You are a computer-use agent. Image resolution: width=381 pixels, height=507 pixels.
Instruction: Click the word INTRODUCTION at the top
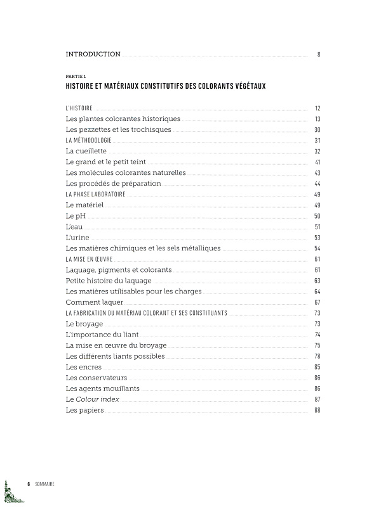(93, 55)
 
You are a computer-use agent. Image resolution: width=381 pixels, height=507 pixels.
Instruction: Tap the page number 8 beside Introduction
(318, 55)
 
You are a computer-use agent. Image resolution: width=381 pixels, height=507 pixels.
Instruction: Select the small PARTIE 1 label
(76, 76)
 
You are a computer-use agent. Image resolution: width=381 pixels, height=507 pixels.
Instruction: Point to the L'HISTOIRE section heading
(79, 108)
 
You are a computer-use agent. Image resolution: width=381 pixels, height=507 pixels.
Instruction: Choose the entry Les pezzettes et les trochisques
(118, 129)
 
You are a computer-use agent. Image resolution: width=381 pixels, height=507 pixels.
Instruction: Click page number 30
(317, 130)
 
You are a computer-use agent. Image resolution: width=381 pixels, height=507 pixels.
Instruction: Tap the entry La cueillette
(86, 151)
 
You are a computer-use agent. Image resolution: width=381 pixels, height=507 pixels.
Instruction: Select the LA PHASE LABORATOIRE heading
(95, 195)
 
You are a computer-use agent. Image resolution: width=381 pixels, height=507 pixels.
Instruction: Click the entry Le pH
(76, 216)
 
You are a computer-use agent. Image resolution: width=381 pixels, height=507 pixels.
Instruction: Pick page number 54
(317, 248)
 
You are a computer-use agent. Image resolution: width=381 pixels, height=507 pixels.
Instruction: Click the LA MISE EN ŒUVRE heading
(91, 259)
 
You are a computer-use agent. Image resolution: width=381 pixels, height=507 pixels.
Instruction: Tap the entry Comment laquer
(95, 302)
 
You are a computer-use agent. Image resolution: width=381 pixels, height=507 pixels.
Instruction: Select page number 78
(317, 356)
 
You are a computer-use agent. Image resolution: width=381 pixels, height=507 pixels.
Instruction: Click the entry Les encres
(83, 367)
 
